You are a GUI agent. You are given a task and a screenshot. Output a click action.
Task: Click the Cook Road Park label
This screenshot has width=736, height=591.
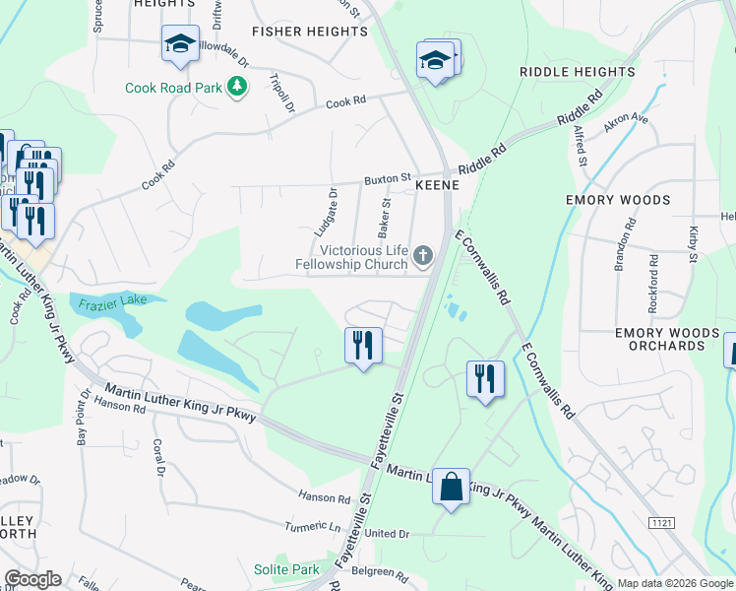(x=172, y=88)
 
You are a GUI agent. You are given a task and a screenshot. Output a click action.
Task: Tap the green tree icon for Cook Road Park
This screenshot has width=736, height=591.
(x=236, y=88)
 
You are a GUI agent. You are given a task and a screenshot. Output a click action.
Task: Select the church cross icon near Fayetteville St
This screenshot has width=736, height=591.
(x=423, y=257)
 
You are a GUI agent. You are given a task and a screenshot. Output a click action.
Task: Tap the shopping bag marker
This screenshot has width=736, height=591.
(x=451, y=488)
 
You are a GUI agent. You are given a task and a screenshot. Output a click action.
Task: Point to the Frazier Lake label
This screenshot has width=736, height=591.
(x=108, y=299)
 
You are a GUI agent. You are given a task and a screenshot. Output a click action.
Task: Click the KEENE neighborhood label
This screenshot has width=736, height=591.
(x=438, y=184)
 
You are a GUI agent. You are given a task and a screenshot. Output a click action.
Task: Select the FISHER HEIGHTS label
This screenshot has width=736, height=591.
(x=309, y=32)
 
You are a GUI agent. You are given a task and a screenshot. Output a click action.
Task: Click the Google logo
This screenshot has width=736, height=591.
(x=32, y=579)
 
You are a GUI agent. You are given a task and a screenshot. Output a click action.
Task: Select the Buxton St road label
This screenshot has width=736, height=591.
(x=387, y=179)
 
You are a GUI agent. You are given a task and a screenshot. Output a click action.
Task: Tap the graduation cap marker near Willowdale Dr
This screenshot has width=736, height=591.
(x=180, y=44)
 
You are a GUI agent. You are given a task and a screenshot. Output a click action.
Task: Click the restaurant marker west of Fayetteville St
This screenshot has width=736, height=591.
(x=363, y=346)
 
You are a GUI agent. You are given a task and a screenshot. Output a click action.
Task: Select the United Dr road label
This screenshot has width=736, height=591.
(x=387, y=533)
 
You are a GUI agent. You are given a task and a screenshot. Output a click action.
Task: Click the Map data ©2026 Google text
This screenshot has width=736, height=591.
(x=675, y=582)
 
